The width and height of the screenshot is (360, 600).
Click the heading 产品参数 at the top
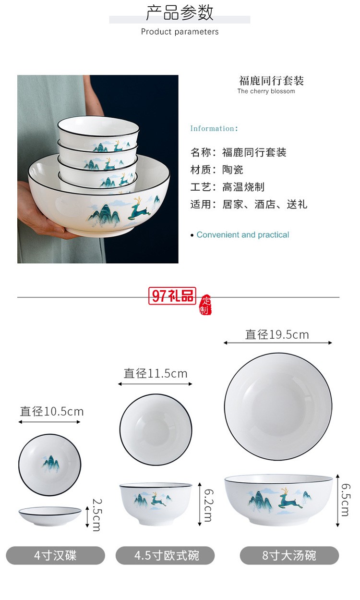click(180, 13)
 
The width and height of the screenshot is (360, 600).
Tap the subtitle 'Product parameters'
click(180, 32)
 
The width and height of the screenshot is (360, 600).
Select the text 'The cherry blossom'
click(266, 91)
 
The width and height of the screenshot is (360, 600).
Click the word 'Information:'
click(214, 128)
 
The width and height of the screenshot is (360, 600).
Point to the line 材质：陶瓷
click(217, 170)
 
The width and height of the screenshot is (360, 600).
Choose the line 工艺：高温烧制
click(228, 187)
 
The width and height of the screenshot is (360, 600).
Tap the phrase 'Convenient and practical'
click(242, 235)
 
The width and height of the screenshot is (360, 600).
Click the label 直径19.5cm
click(277, 334)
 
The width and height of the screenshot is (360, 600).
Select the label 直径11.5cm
click(156, 373)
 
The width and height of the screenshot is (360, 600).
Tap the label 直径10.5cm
click(52, 412)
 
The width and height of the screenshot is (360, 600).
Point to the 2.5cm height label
click(96, 514)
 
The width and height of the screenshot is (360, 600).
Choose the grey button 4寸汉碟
click(55, 556)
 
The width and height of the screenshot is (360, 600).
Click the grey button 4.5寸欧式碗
click(165, 556)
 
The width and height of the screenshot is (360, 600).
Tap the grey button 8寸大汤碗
click(289, 556)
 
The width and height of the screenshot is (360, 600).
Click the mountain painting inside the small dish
click(49, 463)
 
